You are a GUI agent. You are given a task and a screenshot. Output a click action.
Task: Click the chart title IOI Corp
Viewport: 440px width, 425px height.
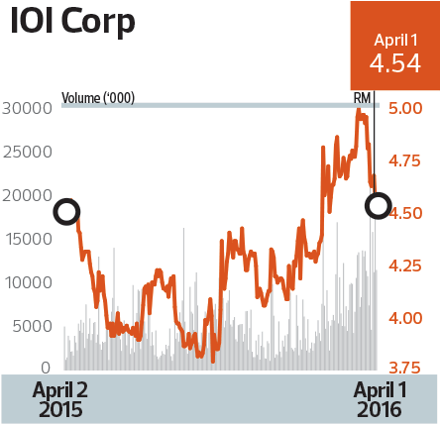coord(73,23)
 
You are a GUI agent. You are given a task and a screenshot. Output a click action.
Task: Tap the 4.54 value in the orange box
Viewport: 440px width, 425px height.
coord(394,64)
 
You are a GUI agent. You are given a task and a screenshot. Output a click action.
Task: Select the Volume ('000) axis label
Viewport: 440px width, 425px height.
coord(98,98)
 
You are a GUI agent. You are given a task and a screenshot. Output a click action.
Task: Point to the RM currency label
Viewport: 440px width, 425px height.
coord(363,98)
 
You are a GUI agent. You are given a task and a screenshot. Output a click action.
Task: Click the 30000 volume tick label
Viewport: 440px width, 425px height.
coord(27,108)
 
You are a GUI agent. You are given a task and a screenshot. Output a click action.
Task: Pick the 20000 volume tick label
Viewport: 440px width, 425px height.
coord(27,195)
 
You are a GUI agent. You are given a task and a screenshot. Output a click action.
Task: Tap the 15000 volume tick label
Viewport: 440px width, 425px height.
coord(27,239)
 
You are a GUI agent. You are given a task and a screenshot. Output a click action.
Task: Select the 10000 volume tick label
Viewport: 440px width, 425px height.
coord(27,282)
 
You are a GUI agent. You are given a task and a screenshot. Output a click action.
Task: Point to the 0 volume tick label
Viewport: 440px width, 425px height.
coord(46,368)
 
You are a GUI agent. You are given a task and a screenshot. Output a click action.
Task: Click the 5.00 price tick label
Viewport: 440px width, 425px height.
coord(405,108)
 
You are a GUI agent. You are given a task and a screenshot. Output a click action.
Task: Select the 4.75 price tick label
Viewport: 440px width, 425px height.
coord(405,160)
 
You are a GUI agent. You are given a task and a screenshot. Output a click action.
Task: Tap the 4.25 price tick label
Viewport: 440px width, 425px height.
coord(405,266)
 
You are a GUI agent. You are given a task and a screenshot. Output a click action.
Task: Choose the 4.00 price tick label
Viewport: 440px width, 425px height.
coord(405,318)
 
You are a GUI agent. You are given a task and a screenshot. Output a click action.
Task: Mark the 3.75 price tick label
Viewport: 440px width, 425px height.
coord(405,368)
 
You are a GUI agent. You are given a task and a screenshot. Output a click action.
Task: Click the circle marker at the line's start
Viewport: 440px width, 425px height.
coord(66,211)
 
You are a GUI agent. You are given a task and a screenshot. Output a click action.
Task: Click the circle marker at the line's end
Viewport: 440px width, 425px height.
coord(378,205)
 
